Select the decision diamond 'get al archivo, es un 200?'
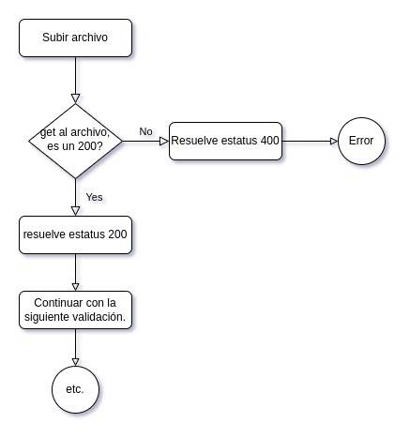coord(75,141)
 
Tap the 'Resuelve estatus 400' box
coord(225,141)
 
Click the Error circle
coord(361,141)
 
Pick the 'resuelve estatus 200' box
coord(75,234)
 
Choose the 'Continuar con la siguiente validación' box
coord(75,310)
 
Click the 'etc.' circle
coord(75,388)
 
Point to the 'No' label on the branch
coord(145,131)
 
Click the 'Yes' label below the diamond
coord(94,197)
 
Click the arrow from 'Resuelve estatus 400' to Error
coord(310,141)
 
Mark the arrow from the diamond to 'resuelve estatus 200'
coord(75,199)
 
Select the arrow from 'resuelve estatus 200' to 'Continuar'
coord(75,272)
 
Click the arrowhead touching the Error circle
coord(333,141)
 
